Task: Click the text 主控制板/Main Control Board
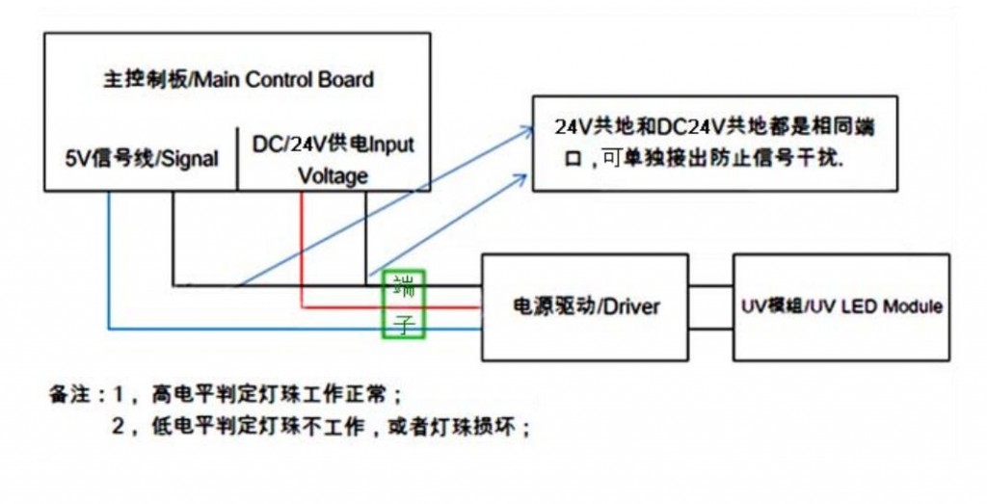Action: tap(238, 80)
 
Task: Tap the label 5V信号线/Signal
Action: tap(141, 158)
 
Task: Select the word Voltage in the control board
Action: tap(333, 176)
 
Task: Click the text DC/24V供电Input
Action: tap(333, 146)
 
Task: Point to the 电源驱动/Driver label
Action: tap(585, 306)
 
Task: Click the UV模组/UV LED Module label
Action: tap(841, 306)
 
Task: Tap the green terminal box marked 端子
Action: tap(405, 305)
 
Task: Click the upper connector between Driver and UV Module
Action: tap(710, 285)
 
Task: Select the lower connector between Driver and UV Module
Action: tap(710, 328)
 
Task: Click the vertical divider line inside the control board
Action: tap(237, 157)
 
